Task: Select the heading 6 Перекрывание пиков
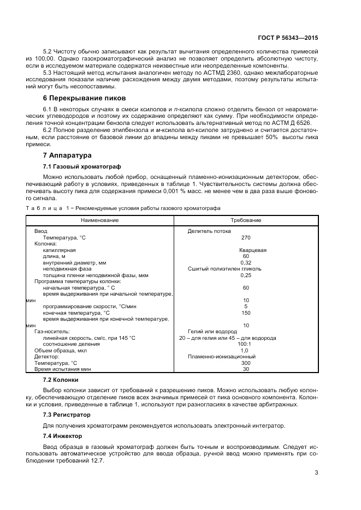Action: coord(85,98)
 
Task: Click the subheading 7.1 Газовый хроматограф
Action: coord(81,166)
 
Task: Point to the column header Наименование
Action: coord(100,220)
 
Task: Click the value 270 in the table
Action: coord(246,238)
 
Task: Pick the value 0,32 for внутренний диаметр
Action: coord(246,262)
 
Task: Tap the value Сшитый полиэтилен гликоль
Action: coord(224,268)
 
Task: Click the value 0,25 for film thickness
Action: coord(246,275)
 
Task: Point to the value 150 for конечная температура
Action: coord(246,313)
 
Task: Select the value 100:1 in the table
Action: coord(245,344)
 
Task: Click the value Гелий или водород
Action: coord(212,332)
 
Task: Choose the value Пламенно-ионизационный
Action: coord(222,357)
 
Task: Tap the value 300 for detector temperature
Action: coord(246,363)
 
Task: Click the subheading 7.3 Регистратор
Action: coord(67,415)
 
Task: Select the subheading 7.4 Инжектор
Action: coord(62,436)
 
